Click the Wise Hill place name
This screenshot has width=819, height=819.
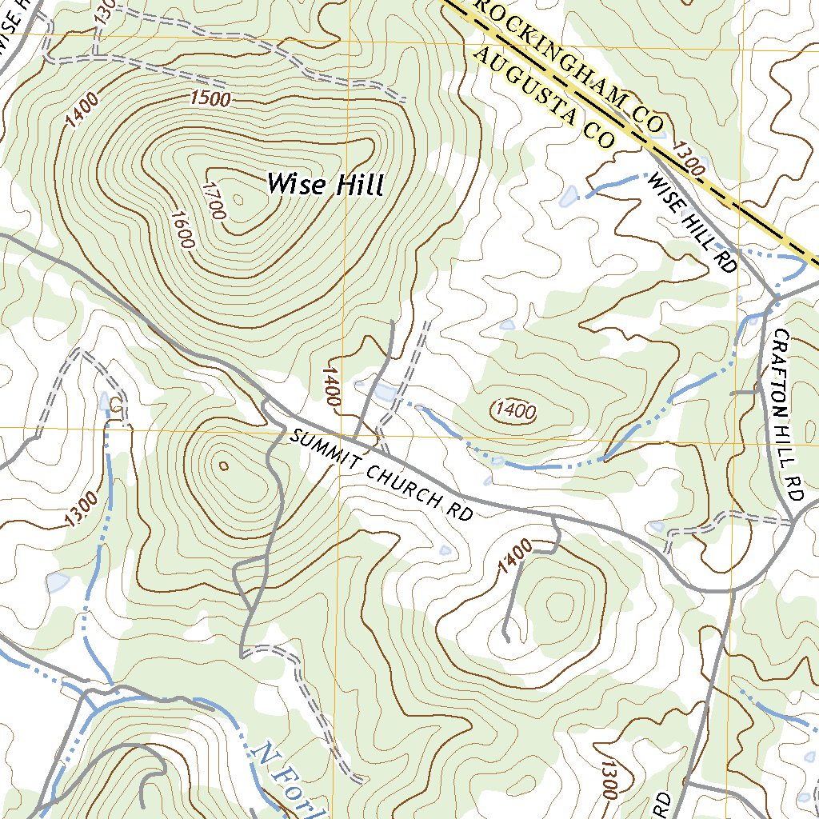pyautogui.click(x=326, y=185)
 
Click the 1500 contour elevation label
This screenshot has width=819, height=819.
pyautogui.click(x=211, y=99)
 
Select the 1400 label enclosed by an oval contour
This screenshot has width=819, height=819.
pyautogui.click(x=514, y=412)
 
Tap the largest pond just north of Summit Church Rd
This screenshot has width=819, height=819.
pyautogui.click(x=382, y=393)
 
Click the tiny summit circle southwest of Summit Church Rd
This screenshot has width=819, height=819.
pyautogui.click(x=223, y=465)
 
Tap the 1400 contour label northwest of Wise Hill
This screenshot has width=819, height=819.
pyautogui.click(x=82, y=110)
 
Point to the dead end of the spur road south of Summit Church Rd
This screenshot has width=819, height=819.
pyautogui.click(x=507, y=637)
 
